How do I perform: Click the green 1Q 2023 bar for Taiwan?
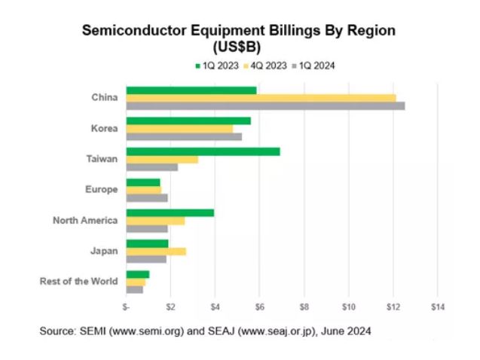click(203, 151)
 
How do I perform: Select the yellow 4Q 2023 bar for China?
click(261, 98)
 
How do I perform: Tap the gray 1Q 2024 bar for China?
click(265, 106)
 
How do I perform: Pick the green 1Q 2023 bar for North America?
click(170, 212)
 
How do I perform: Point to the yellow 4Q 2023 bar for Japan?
click(156, 251)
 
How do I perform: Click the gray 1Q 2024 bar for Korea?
click(184, 136)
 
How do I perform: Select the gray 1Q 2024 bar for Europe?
click(147, 198)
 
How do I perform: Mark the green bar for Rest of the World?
click(138, 274)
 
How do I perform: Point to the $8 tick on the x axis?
click(304, 307)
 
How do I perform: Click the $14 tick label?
click(438, 307)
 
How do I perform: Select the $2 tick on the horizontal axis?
click(171, 307)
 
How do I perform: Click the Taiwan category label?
click(103, 159)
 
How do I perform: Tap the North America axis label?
click(85, 220)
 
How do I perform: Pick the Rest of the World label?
click(78, 282)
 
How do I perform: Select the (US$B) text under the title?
click(239, 46)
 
